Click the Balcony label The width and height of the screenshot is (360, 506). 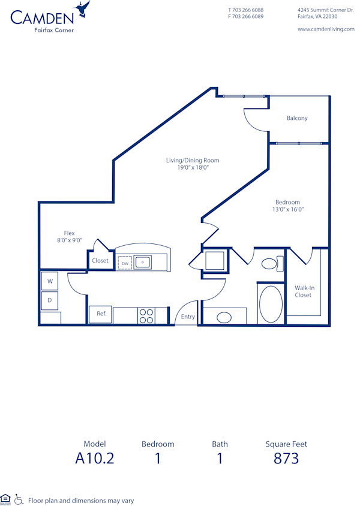pos(297,118)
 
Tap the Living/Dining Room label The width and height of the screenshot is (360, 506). pos(193,160)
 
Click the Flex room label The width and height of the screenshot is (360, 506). pos(70,233)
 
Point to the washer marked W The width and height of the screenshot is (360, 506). pos(50,281)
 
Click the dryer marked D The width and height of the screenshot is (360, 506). pos(50,300)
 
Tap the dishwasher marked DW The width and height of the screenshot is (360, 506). pos(125,263)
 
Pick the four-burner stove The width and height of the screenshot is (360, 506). pos(146,315)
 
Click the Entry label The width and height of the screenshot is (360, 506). pos(188,317)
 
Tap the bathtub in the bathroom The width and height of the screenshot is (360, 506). pos(270,305)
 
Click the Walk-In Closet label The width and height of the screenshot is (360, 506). pos(303,291)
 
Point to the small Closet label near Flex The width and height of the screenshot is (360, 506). pos(100,261)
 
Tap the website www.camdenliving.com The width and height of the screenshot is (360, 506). pos(326,29)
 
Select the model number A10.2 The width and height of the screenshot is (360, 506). pos(95,459)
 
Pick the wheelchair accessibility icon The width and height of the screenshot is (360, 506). pos(19,499)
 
